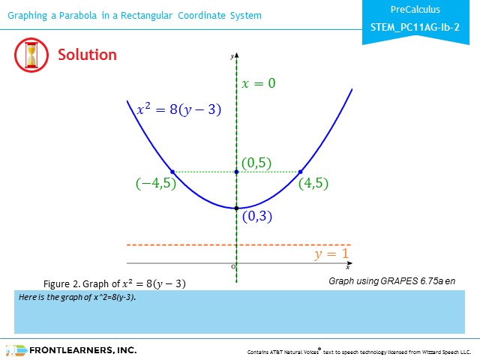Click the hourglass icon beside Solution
tap(31, 55)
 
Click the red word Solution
tap(87, 55)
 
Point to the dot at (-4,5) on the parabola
tap(172, 172)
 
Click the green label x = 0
tap(258, 83)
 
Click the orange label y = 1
tap(331, 253)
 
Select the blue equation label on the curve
tap(178, 109)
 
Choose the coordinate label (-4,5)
tap(156, 183)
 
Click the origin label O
tap(233, 267)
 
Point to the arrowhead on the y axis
tap(236, 55)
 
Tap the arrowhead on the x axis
tap(349, 263)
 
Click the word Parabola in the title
tap(78, 15)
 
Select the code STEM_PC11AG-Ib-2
tap(415, 28)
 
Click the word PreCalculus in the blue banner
tap(415, 10)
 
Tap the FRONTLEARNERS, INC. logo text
tap(83, 350)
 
